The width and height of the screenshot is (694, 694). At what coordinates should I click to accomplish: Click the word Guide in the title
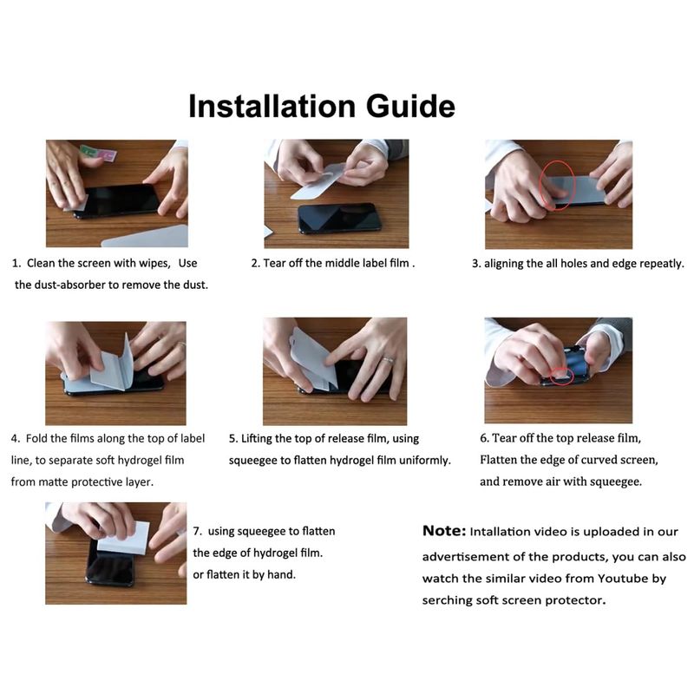[410, 106]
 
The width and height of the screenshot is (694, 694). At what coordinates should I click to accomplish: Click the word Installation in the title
[272, 106]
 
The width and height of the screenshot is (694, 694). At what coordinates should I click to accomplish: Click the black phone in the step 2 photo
[339, 218]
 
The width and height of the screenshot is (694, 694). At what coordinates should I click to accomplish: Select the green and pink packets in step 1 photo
[98, 153]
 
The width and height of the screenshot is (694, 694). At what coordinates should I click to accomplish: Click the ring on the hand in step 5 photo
[388, 360]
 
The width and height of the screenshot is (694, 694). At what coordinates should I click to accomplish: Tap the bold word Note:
[444, 530]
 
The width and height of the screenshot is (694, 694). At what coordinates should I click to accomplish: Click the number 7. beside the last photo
[198, 531]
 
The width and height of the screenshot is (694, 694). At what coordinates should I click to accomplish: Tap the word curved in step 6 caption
[600, 460]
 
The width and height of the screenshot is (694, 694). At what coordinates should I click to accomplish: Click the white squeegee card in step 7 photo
[124, 537]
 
